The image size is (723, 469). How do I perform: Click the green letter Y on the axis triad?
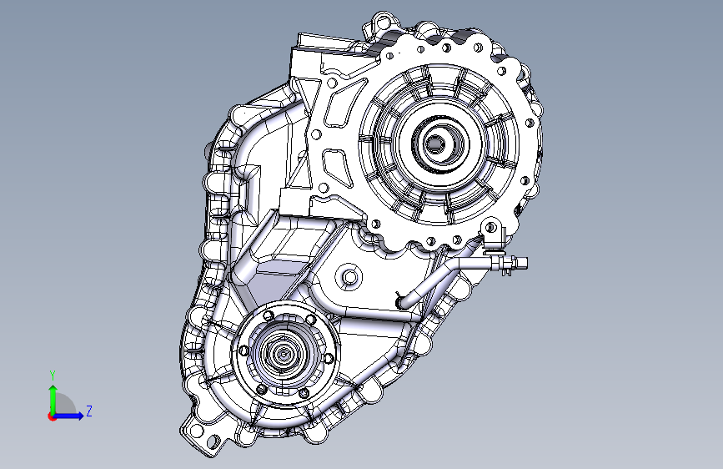coord(53,376)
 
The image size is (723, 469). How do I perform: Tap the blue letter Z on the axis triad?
coord(89,411)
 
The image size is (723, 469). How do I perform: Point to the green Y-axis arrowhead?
coord(53,390)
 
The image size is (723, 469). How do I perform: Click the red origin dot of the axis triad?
coord(52,416)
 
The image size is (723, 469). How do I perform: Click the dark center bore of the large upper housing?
coord(434,144)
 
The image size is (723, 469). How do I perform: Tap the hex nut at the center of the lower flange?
coord(282,355)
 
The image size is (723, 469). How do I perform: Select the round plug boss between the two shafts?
coord(350,277)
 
